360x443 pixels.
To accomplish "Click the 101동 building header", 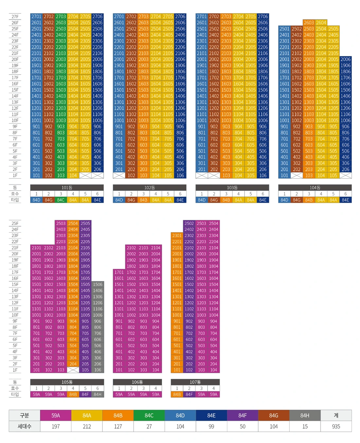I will pyautogui.click(x=67, y=188).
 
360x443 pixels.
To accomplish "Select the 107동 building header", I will pyautogui.click(x=195, y=382).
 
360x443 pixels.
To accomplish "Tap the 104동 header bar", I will pyautogui.click(x=315, y=188).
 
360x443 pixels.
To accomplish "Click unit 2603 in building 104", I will pyautogui.click(x=309, y=23).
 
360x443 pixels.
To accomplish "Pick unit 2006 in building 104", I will pyautogui.click(x=345, y=59).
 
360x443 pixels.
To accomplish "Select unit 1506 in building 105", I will pyautogui.click(x=98, y=285).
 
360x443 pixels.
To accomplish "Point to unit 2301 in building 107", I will pyautogui.click(x=177, y=235).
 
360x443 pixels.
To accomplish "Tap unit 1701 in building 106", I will pyautogui.click(x=119, y=272).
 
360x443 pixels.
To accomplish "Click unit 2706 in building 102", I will pyautogui.click(x=180, y=16).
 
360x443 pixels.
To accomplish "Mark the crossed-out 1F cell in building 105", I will pyautogui.click(x=73, y=370).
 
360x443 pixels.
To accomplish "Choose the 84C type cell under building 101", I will pyautogui.click(x=61, y=200).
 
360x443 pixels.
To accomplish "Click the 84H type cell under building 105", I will pyautogui.click(x=98, y=395).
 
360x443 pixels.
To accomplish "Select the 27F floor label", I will pyautogui.click(x=15, y=16).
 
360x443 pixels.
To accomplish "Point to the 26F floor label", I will pyautogui.click(x=15, y=23).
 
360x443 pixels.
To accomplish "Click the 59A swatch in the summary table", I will pyautogui.click(x=56, y=415).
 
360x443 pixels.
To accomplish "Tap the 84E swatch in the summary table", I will pyautogui.click(x=211, y=415).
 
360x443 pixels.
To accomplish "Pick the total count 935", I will pyautogui.click(x=336, y=426).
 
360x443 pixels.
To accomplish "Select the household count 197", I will pyautogui.click(x=56, y=426).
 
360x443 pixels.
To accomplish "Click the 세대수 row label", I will pyautogui.click(x=25, y=426).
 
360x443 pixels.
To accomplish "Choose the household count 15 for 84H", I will pyautogui.click(x=305, y=426).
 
